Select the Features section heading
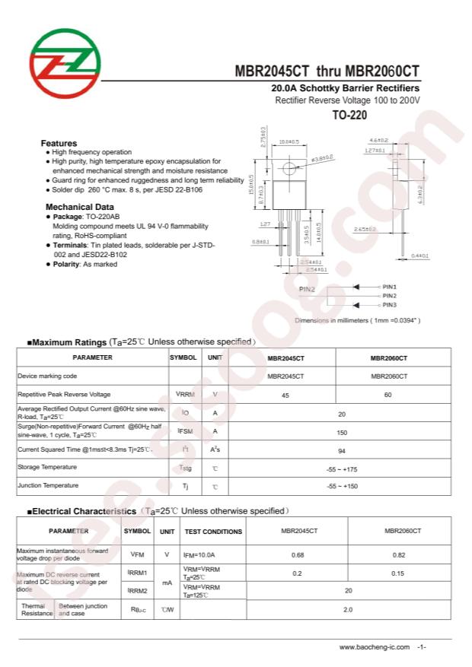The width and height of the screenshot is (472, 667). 59,143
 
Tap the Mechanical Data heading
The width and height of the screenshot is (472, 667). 80,207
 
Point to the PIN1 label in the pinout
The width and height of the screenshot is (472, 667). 389,287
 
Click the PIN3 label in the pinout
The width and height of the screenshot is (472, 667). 389,305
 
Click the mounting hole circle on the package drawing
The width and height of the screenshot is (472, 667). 289,168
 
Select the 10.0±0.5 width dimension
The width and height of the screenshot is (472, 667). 289,141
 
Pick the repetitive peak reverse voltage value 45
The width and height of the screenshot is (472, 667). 285,395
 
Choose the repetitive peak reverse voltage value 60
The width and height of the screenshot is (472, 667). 388,395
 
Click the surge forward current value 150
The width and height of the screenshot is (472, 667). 342,431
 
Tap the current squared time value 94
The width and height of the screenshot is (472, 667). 342,450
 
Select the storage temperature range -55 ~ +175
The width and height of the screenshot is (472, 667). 342,468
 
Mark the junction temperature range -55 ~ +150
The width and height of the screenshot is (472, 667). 342,486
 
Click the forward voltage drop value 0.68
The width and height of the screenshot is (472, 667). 298,554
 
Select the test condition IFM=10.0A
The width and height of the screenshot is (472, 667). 199,555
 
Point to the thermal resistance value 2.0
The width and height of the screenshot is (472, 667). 348,609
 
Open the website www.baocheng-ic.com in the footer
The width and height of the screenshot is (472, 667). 375,647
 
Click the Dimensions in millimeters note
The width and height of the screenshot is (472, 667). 357,321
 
